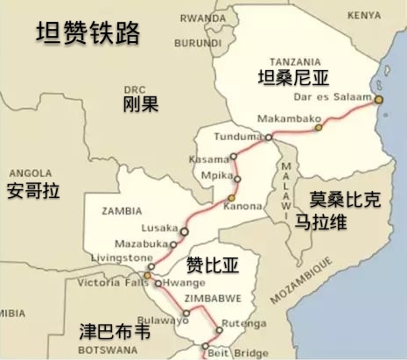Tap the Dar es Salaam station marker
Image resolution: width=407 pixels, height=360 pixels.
tap(378, 100)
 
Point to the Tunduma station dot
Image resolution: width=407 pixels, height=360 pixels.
tap(269, 138)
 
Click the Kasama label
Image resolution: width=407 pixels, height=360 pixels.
tap(207, 159)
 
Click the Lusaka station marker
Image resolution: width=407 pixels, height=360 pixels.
tap(185, 231)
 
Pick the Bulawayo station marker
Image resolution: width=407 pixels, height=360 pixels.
tap(186, 312)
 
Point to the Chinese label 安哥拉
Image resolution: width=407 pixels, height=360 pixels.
tap(32, 190)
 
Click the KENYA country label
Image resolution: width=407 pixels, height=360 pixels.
tap(363, 15)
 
